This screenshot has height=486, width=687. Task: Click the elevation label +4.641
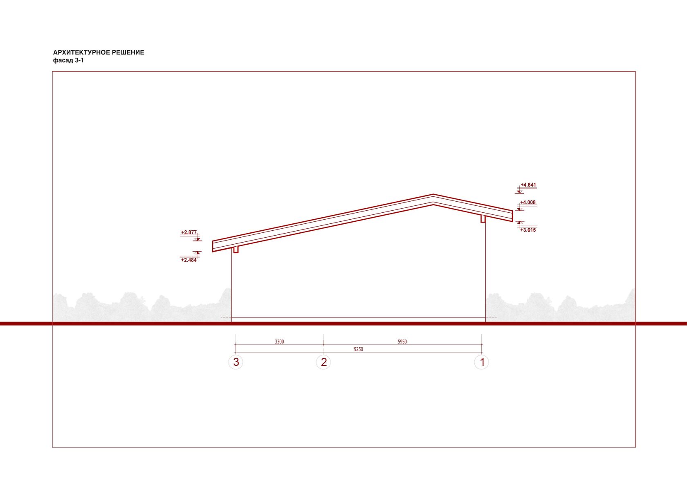pyautogui.click(x=528, y=185)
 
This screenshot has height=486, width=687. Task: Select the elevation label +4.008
pyautogui.click(x=528, y=202)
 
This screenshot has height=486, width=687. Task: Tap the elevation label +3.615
pyautogui.click(x=528, y=230)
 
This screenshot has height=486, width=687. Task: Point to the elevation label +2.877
pyautogui.click(x=189, y=232)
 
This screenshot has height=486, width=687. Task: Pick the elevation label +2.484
pyautogui.click(x=189, y=260)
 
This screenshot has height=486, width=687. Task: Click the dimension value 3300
pyautogui.click(x=279, y=342)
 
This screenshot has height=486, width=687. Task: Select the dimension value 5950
pyautogui.click(x=402, y=342)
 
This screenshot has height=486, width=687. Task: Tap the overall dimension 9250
pyautogui.click(x=358, y=349)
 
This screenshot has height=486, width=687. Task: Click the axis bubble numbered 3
pyautogui.click(x=236, y=362)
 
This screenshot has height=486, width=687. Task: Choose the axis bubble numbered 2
pyautogui.click(x=323, y=362)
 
